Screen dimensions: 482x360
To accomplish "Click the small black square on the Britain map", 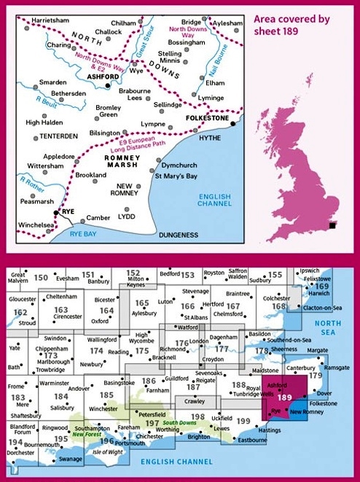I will point(332,226).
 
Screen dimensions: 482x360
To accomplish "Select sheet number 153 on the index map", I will point(188,275).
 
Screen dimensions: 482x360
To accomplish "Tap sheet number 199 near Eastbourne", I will point(243,421).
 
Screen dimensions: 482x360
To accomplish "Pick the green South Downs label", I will point(178,423).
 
